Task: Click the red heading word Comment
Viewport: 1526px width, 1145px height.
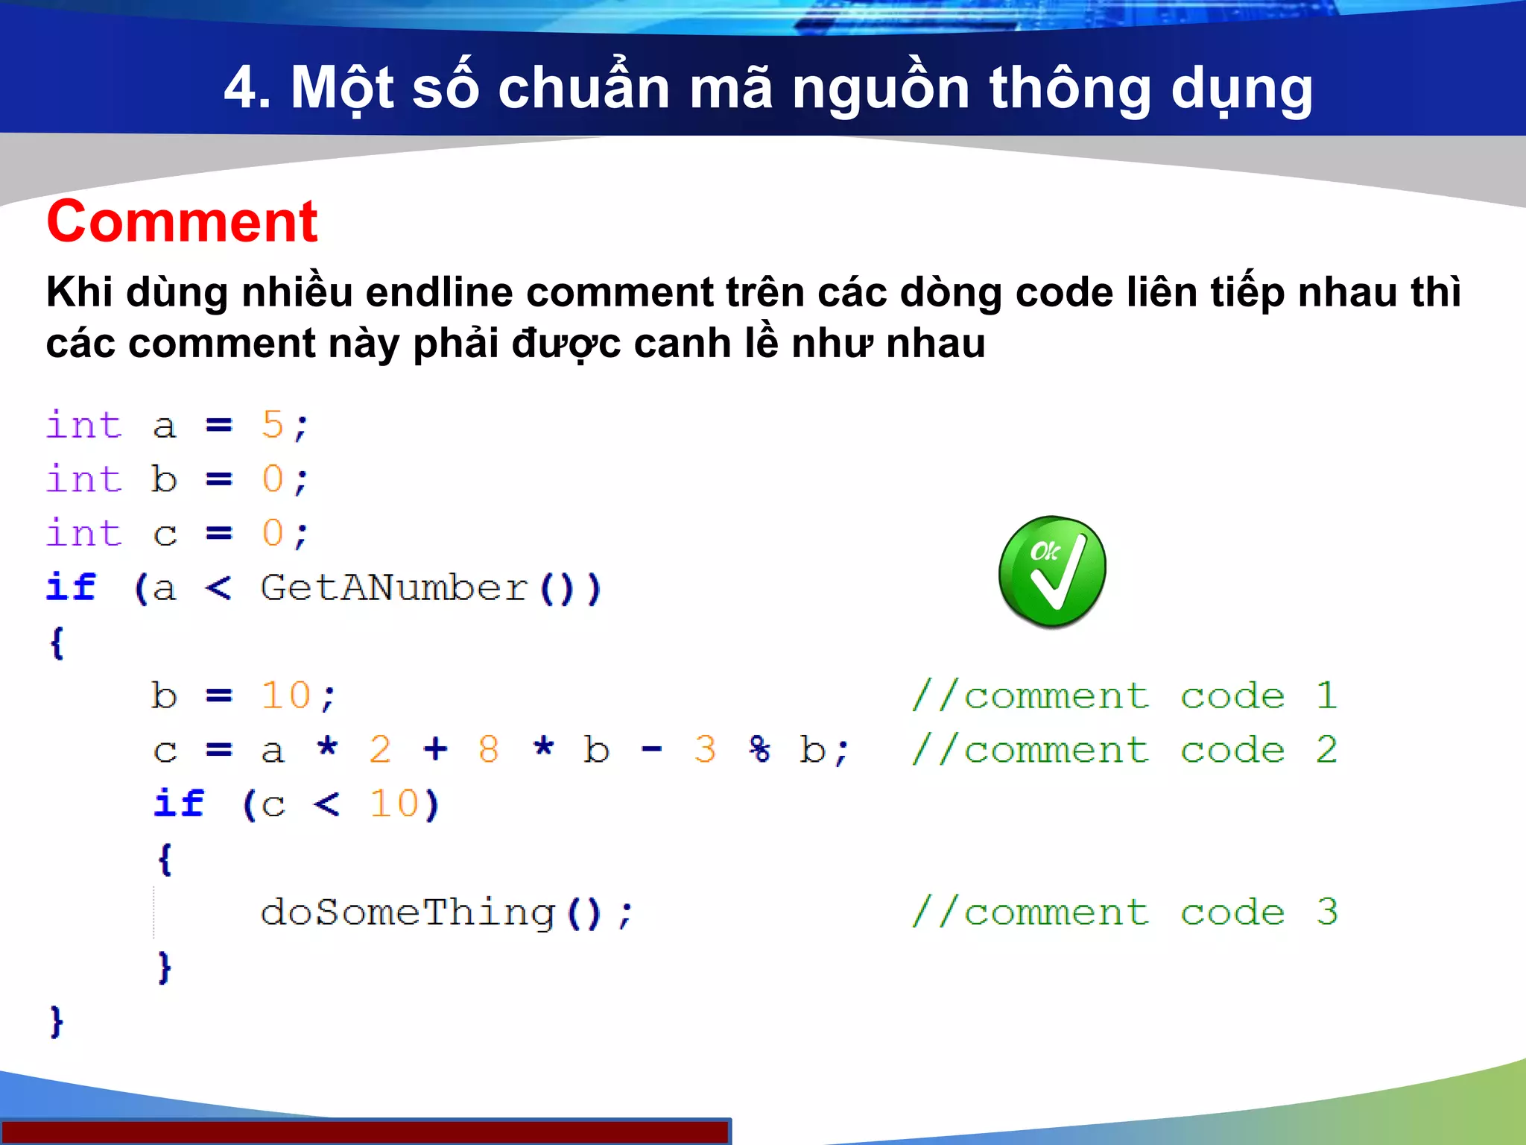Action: pyautogui.click(x=182, y=221)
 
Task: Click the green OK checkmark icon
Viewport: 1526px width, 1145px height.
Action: pyautogui.click(x=1052, y=571)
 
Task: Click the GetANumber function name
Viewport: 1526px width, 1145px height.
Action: pyautogui.click(x=394, y=588)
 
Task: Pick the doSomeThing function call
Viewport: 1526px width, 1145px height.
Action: pyautogui.click(x=408, y=912)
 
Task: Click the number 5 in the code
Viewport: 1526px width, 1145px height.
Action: pyautogui.click(x=273, y=426)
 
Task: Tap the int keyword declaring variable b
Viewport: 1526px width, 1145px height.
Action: pyautogui.click(x=83, y=479)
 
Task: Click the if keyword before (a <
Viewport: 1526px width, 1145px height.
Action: pyautogui.click(x=71, y=587)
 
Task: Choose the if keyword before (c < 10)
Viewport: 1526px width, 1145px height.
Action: pyautogui.click(x=179, y=804)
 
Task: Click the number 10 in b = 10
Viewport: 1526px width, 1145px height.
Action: pyautogui.click(x=286, y=696)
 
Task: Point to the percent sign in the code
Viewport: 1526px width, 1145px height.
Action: pyautogui.click(x=759, y=750)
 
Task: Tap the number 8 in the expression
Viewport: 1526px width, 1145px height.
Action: pyautogui.click(x=489, y=750)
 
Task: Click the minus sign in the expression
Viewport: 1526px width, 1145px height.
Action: pyautogui.click(x=651, y=750)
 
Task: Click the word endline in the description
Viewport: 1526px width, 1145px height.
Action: pyautogui.click(x=439, y=291)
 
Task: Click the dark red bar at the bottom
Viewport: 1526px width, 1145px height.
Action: pyautogui.click(x=365, y=1132)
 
